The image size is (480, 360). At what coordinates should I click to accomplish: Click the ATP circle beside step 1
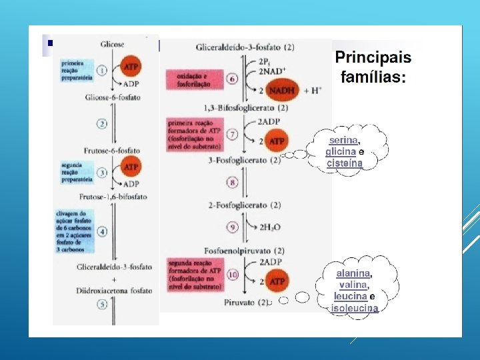[x=131, y=67]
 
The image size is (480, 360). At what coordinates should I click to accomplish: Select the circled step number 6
[x=233, y=79]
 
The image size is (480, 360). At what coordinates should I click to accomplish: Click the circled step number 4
[x=102, y=232]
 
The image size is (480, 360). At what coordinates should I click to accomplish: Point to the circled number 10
[x=233, y=275]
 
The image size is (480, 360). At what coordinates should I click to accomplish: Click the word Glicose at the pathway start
[x=112, y=44]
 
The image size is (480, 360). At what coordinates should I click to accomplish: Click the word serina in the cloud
[x=343, y=140]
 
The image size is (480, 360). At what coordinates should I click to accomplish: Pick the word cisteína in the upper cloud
[x=345, y=163]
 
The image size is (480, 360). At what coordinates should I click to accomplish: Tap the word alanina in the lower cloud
[x=353, y=273]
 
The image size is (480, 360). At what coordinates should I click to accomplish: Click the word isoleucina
[x=355, y=308]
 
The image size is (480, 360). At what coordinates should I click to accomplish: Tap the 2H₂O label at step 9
[x=273, y=227]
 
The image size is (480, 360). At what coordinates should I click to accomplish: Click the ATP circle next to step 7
[x=275, y=141]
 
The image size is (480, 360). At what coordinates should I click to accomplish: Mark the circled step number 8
[x=233, y=182]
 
